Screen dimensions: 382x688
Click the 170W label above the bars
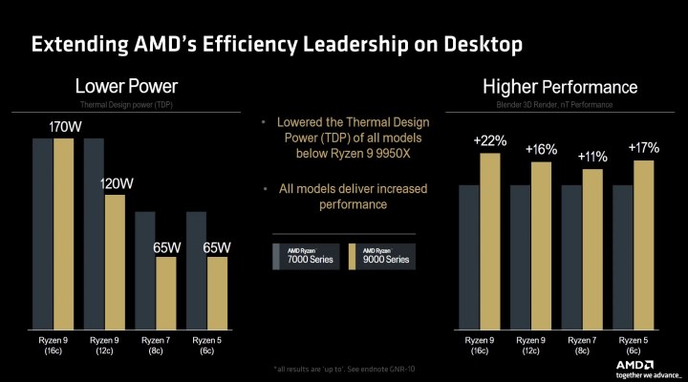(64, 126)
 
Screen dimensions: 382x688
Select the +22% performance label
(490, 141)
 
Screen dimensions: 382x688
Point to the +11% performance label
(592, 157)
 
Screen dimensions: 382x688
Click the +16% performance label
(542, 149)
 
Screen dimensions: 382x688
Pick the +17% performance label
(644, 148)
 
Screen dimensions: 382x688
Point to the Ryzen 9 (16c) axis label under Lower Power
(54, 345)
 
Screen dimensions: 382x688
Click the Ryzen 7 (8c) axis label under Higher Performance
(582, 345)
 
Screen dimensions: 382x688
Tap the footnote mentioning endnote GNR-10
(343, 368)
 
